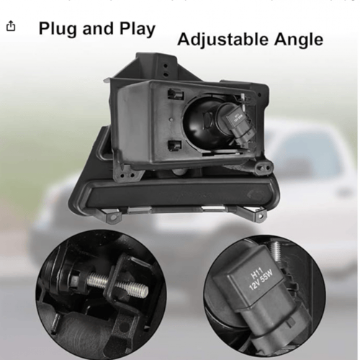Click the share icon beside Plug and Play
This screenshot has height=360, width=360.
pyautogui.click(x=10, y=26)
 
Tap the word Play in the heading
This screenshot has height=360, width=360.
pyautogui.click(x=138, y=29)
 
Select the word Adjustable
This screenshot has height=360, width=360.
pyautogui.click(x=222, y=40)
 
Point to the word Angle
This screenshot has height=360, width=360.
pyautogui.click(x=299, y=40)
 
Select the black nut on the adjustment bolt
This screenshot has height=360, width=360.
pyautogui.click(x=77, y=279)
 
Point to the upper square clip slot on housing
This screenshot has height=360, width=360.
pyautogui.click(x=176, y=94)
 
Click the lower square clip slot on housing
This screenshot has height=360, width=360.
pyautogui.click(x=174, y=145)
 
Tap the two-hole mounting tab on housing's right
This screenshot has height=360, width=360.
pyautogui.click(x=264, y=166)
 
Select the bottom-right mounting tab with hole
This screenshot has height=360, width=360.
pyautogui.click(x=258, y=217)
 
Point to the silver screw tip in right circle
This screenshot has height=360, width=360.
pyautogui.click(x=276, y=251)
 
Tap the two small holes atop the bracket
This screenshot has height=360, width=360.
pyautogui.click(x=166, y=70)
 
